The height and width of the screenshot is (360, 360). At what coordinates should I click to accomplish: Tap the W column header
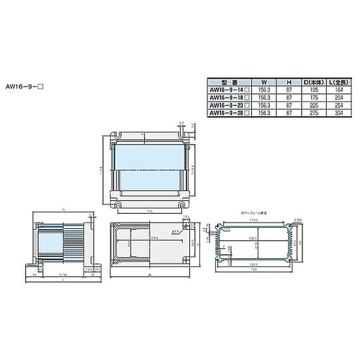[264, 81]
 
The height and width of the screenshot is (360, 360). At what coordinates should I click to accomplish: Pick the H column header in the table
[288, 81]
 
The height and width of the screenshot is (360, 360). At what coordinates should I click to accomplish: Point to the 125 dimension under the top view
[150, 212]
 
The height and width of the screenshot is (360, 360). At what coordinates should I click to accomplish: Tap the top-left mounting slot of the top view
[117, 136]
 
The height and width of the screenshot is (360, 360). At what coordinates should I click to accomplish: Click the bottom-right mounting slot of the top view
[181, 203]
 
